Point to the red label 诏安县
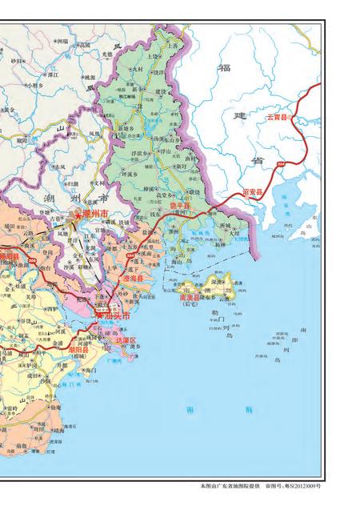click(x=251, y=192)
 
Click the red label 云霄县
click(x=282, y=118)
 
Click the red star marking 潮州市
click(x=77, y=215)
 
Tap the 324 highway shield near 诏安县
click(x=281, y=163)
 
